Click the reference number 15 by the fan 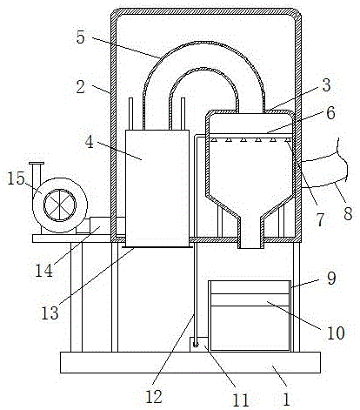pyautogui.click(x=16, y=178)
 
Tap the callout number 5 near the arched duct pyautogui.click(x=81, y=37)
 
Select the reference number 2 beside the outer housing pyautogui.click(x=81, y=87)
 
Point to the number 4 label pyautogui.click(x=90, y=143)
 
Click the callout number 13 pyautogui.click(x=50, y=313)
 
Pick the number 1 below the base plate pyautogui.click(x=286, y=400)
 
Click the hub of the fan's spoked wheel pyautogui.click(x=60, y=205)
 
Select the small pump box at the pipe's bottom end pyautogui.click(x=198, y=345)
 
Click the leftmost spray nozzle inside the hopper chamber pyautogui.click(x=214, y=140)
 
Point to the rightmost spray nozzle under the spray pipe pyautogui.click(x=287, y=140)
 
